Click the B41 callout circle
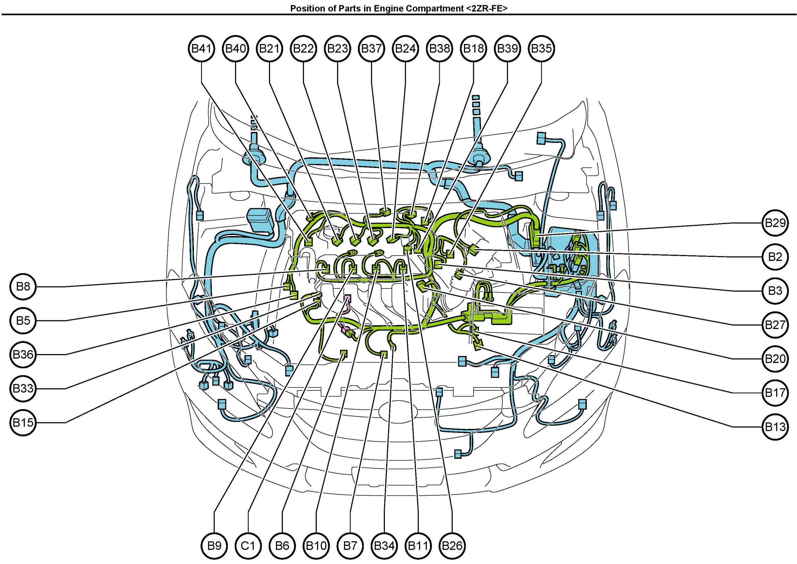(202, 48)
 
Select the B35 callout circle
(541, 48)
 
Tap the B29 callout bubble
(775, 223)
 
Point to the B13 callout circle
(775, 427)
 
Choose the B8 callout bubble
(23, 286)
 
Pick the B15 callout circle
(23, 423)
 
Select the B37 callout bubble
(371, 48)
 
